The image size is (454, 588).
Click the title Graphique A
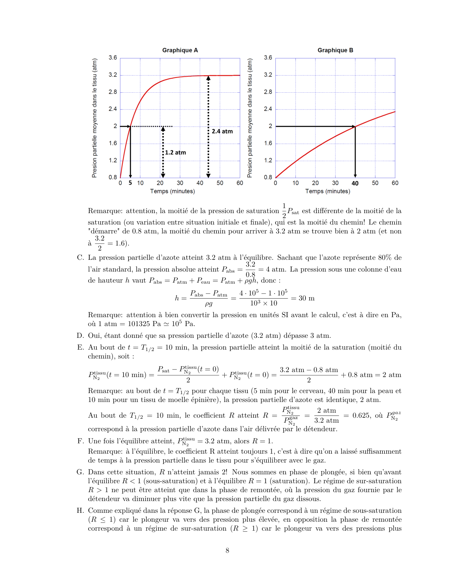tap(180, 50)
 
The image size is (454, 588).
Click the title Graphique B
tap(335, 50)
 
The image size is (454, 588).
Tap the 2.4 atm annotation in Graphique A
tap(222, 131)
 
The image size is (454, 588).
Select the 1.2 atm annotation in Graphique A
tap(175, 153)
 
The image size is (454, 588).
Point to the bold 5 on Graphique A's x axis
tap(130, 183)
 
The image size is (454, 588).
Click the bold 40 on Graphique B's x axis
tap(355, 183)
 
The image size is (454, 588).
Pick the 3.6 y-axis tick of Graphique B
tap(268, 58)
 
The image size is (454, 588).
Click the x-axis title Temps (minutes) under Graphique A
tap(172, 191)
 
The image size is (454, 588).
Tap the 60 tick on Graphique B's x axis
tap(395, 183)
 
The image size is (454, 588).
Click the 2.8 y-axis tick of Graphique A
tap(113, 92)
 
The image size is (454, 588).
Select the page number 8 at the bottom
tap(227, 551)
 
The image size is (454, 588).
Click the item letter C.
tap(80, 258)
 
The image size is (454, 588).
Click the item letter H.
tap(80, 511)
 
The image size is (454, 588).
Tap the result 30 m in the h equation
tap(306, 298)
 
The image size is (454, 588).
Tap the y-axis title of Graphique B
tap(250, 118)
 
